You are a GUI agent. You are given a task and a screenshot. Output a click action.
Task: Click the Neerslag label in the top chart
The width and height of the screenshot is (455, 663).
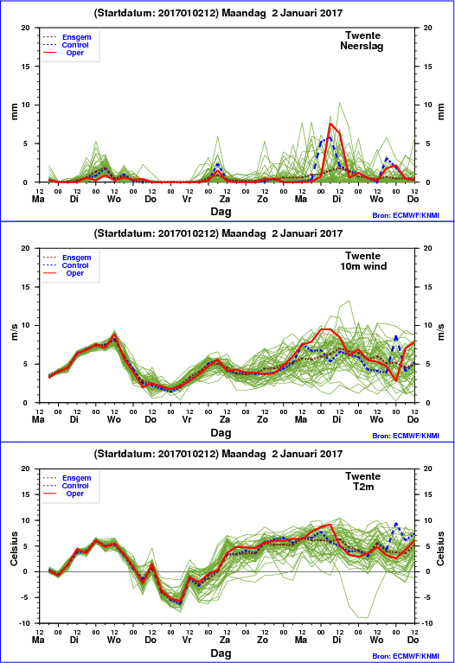click(362, 46)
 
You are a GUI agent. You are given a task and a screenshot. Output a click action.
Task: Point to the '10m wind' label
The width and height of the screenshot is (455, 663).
click(363, 266)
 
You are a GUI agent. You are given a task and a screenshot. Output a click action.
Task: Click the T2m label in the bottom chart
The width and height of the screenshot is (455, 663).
click(363, 487)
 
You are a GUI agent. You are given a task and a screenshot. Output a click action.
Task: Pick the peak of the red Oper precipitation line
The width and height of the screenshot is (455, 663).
click(330, 124)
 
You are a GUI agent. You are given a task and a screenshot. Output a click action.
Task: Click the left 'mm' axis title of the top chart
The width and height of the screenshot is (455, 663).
click(15, 112)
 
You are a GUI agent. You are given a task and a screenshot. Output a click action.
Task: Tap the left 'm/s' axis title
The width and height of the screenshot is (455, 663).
click(15, 332)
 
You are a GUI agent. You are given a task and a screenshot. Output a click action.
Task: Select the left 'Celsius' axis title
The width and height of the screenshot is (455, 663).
click(15, 548)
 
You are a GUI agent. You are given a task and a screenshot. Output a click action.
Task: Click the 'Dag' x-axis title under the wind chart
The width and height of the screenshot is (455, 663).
click(221, 432)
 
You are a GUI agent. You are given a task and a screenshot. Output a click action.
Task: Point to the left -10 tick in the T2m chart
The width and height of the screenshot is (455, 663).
click(25, 623)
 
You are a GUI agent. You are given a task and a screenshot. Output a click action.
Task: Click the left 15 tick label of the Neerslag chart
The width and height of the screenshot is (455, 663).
click(26, 67)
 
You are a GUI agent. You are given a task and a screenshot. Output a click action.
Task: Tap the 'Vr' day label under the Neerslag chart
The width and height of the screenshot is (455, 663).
click(187, 199)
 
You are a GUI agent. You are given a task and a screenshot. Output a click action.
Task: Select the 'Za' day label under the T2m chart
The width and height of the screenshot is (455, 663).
click(225, 641)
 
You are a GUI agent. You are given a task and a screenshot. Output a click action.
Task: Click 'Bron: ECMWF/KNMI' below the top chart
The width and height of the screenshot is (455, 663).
click(406, 215)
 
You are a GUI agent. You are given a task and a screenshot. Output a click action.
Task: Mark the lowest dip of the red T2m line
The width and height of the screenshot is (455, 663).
click(180, 602)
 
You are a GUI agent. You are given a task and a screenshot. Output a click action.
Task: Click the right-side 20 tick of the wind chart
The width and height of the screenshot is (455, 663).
click(428, 248)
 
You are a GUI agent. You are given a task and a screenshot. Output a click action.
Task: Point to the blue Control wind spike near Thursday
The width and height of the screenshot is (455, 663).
click(396, 337)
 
